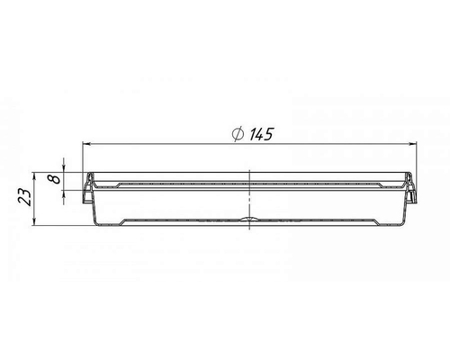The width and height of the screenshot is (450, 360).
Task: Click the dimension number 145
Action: tap(261, 134)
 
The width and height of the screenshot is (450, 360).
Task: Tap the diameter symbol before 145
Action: tap(238, 134)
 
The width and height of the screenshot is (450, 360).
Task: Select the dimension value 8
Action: tap(55, 179)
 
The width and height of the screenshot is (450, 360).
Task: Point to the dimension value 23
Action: tap(25, 197)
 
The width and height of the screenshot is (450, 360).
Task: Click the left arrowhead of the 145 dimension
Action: tap(86, 144)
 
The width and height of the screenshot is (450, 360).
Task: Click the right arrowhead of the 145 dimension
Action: tap(413, 144)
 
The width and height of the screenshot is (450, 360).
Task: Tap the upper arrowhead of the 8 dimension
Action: tap(64, 168)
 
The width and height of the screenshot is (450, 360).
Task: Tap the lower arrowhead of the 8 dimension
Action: tap(64, 193)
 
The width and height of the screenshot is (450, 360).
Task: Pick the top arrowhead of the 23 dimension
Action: tap(35, 176)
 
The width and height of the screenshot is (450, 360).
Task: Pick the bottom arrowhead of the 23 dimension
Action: tap(35, 221)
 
